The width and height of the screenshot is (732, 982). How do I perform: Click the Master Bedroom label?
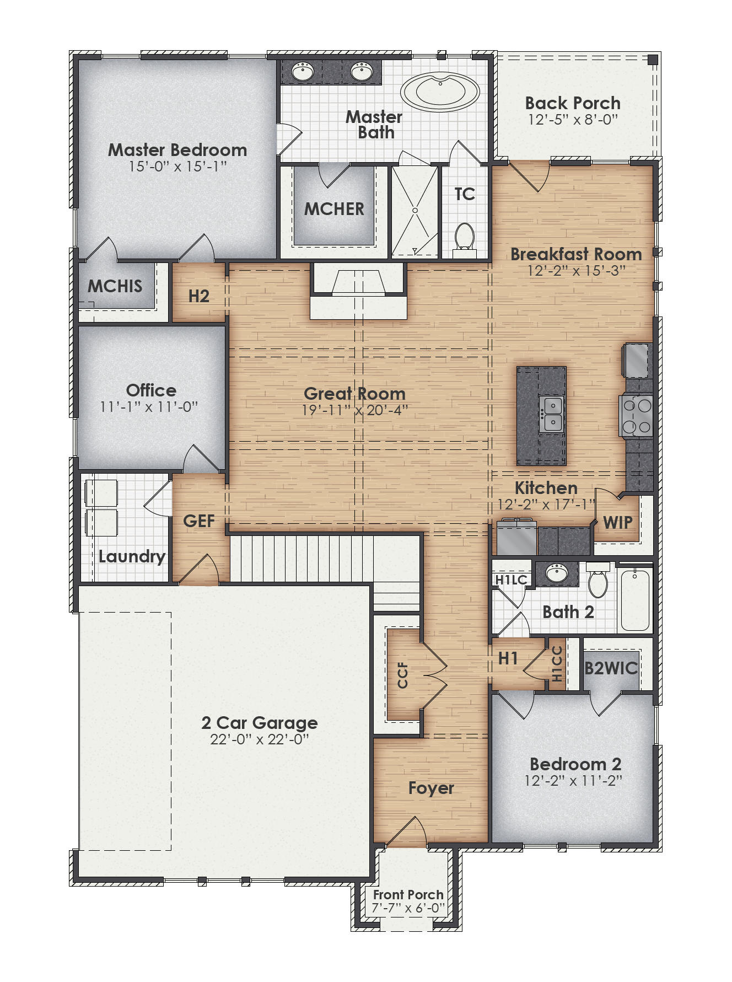point(177,150)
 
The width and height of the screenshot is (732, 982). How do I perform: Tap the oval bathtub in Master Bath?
point(439,92)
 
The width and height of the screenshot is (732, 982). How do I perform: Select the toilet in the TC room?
point(465,237)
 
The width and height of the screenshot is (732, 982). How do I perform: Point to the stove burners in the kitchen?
point(637,416)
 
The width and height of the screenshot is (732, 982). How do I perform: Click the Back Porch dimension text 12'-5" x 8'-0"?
point(573,119)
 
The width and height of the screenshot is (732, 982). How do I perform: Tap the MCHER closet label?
point(334,209)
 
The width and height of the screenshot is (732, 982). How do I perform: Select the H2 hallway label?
point(198,296)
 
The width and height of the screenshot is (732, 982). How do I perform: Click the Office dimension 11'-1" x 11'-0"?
point(149,407)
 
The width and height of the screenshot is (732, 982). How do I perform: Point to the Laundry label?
point(132,556)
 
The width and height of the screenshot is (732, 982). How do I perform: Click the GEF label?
point(198,521)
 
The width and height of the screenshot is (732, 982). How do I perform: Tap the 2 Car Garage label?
point(259,722)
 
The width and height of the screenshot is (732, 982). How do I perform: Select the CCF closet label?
point(403,675)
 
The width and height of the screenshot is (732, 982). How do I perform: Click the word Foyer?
point(431,788)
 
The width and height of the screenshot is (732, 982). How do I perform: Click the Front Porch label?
point(408,894)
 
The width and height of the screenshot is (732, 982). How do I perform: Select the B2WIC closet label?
point(611,668)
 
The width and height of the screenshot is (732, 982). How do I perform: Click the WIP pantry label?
point(617,522)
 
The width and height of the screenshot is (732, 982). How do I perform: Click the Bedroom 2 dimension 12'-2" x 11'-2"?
point(573,781)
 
